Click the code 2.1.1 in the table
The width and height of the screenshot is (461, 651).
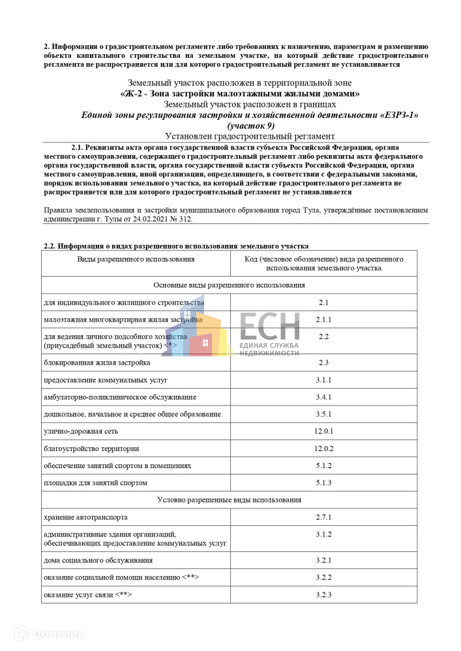pos(324,320)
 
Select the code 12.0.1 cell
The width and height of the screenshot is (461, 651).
pos(324,431)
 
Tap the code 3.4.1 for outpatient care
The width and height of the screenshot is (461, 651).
pos(324,396)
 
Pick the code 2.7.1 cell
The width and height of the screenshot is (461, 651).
pos(324,517)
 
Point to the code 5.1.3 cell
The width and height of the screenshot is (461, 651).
pos(324,482)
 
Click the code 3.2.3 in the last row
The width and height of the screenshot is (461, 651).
pos(324,594)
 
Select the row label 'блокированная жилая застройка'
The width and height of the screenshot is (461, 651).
pos(97,362)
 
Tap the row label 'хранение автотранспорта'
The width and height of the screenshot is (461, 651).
pos(85,517)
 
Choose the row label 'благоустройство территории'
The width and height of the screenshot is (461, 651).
pos(91,449)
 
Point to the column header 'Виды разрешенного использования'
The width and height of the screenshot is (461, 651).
pos(136,259)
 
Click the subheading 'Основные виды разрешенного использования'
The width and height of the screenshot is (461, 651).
pos(230,285)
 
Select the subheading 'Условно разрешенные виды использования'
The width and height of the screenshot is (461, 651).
pos(230,500)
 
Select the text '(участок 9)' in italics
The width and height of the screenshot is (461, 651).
pos(250,125)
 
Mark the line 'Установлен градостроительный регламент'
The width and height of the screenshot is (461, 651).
pos(250,136)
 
